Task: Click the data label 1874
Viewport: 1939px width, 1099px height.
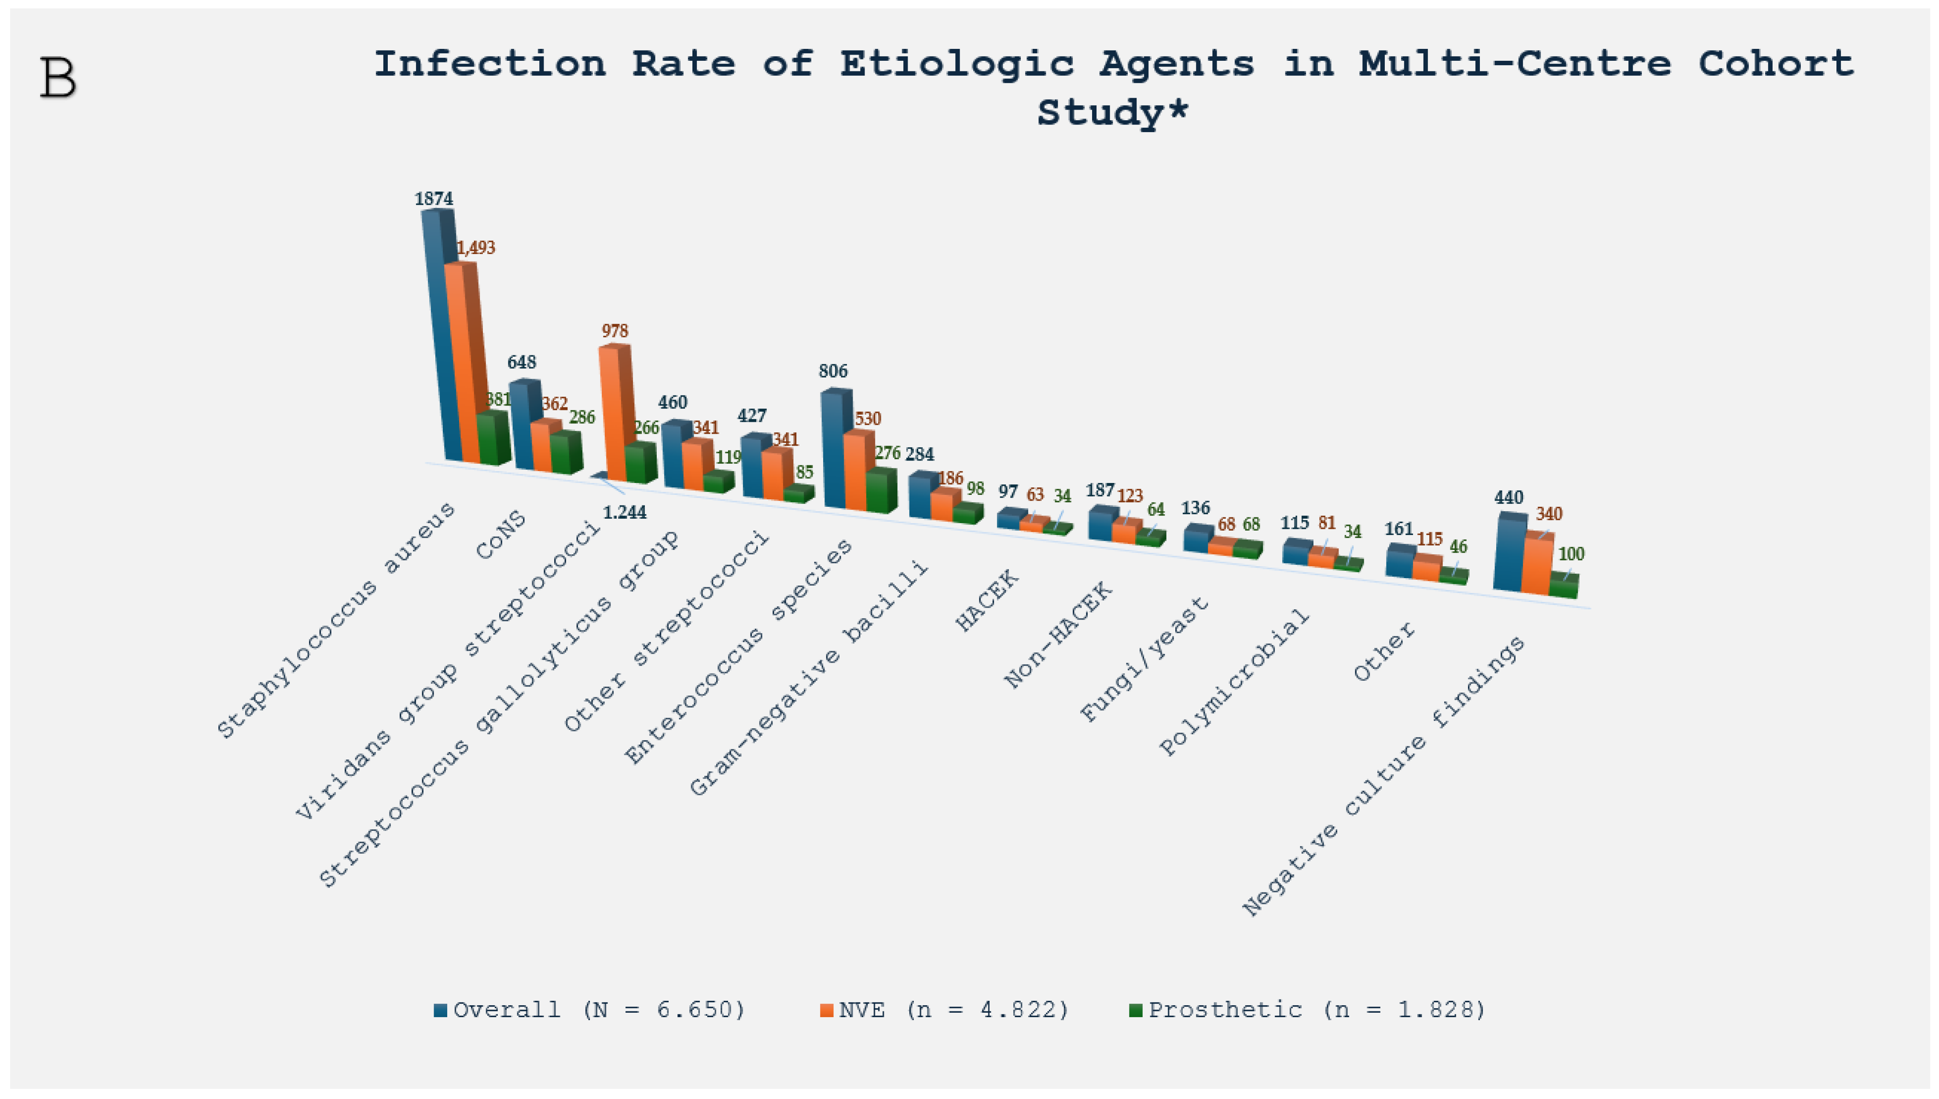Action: click(434, 199)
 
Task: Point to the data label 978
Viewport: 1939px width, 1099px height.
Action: click(615, 331)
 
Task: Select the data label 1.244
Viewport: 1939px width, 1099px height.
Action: click(625, 513)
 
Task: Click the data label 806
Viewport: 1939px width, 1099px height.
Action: click(833, 371)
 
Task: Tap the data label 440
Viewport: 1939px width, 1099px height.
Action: click(1509, 498)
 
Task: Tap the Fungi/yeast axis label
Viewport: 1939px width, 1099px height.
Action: click(1144, 658)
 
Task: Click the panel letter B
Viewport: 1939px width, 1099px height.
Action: click(58, 78)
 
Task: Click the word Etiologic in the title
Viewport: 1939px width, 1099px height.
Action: click(957, 63)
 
